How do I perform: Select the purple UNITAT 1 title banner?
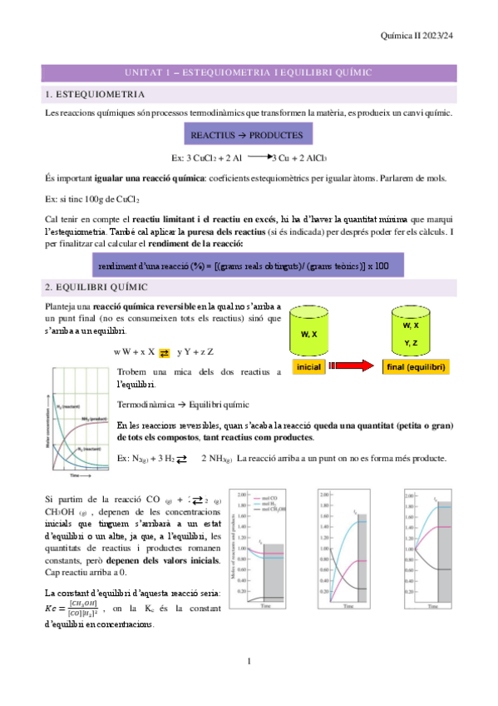pyautogui.click(x=249, y=74)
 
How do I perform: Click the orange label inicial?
pyautogui.click(x=308, y=366)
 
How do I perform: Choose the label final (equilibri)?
pyautogui.click(x=416, y=366)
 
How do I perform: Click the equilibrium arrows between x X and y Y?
pyautogui.click(x=164, y=352)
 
